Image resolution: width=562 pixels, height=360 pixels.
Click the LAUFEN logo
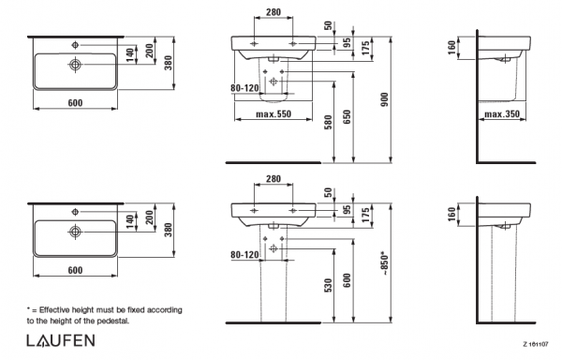point(61,340)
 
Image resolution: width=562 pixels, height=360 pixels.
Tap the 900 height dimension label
point(385,99)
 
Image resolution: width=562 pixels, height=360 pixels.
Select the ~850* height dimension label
point(385,263)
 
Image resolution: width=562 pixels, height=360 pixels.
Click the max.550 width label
point(274,114)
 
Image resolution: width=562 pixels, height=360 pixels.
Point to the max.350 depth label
point(502,114)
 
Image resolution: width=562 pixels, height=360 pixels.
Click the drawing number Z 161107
point(536,345)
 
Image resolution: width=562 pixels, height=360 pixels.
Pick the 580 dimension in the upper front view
point(329,122)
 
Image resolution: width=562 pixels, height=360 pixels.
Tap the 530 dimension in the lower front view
point(329,285)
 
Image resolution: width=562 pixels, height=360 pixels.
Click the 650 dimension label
point(347,117)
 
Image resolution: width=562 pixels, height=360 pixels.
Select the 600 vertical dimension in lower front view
point(347,280)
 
